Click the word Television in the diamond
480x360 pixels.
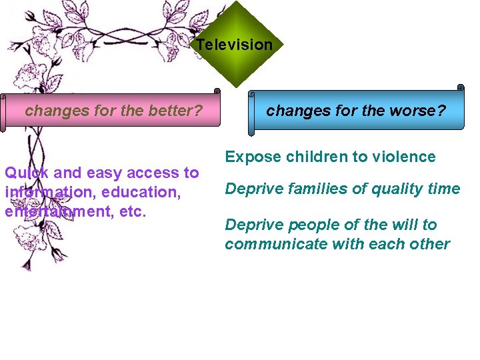click(234, 45)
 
